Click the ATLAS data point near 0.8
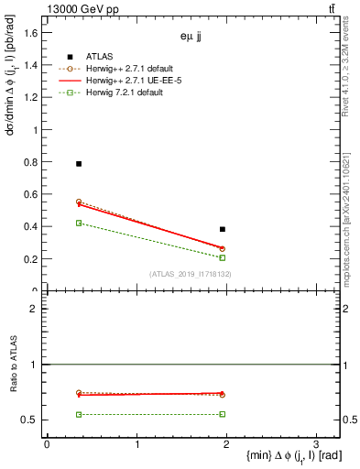click(79, 164)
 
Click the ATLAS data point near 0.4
click(223, 229)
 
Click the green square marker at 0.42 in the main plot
click(79, 223)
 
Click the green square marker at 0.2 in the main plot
click(223, 257)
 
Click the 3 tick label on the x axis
click(315, 444)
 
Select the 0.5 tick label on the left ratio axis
click(31, 420)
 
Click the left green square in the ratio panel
click(79, 414)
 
